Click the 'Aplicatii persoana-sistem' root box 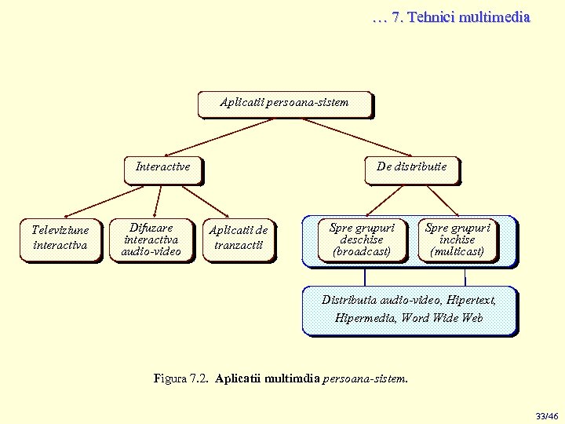284,104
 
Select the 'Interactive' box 162,168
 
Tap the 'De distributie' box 411,168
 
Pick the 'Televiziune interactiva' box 60,239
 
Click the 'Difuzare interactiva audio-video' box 151,239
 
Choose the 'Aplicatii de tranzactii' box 238,239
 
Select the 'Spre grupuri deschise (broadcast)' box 362,239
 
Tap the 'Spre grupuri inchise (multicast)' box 457,239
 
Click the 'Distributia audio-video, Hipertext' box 409,309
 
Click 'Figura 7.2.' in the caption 181,378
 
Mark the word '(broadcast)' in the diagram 362,252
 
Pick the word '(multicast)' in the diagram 457,252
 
